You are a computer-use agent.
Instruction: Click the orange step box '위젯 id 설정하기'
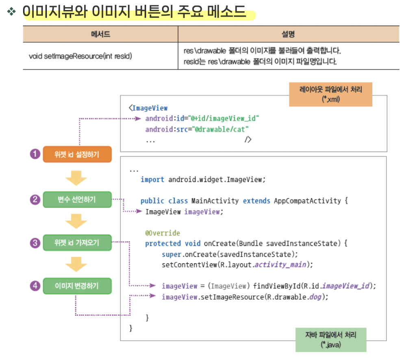click(x=77, y=154)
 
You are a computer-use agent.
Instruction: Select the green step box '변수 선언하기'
click(x=77, y=200)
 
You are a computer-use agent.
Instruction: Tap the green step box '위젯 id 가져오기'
click(x=77, y=243)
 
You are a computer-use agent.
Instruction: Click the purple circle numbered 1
click(x=35, y=154)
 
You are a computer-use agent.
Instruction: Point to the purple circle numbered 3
click(x=35, y=243)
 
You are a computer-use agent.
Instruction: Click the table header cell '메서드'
click(x=100, y=34)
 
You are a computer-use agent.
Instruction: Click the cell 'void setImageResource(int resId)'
click(x=80, y=56)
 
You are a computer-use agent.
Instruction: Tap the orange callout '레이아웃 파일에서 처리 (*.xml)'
click(x=330, y=94)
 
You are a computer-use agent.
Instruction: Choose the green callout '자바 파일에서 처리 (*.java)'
click(x=330, y=340)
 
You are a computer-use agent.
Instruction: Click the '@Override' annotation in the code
click(x=163, y=233)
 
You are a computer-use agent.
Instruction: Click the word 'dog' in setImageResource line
click(x=315, y=297)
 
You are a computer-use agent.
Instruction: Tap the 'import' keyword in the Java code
click(x=152, y=180)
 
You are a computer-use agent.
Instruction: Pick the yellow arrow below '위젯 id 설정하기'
click(x=76, y=178)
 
